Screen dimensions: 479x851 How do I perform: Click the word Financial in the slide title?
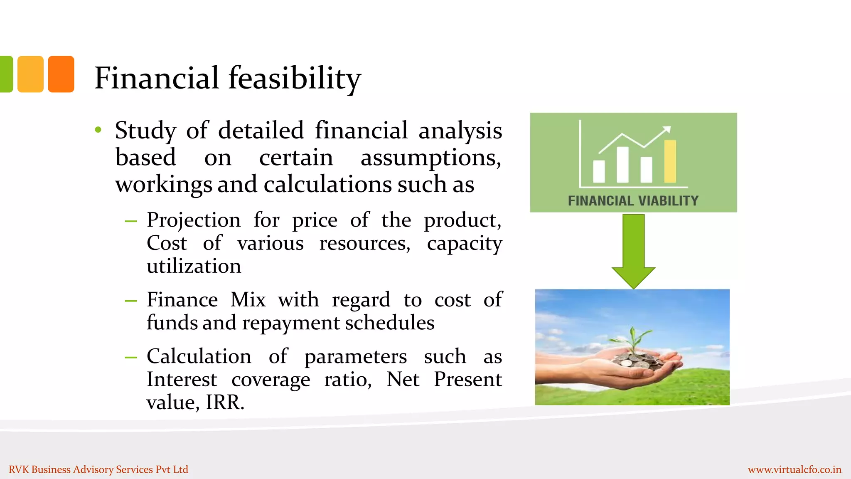[156, 78]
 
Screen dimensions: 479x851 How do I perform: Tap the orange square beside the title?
[61, 74]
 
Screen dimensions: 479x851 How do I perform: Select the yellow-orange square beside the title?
[30, 74]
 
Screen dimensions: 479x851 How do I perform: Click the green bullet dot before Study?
[98, 130]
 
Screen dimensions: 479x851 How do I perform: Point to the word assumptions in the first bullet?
[430, 158]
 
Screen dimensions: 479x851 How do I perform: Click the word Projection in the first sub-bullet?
[194, 220]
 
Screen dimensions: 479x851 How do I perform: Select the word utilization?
[194, 266]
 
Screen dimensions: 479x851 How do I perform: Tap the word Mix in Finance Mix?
[248, 300]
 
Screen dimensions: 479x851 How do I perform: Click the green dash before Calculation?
[131, 357]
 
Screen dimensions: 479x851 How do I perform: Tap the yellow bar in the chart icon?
[670, 161]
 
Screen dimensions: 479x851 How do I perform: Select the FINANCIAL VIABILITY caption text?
[633, 201]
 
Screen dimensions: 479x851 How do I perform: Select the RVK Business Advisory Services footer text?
[98, 469]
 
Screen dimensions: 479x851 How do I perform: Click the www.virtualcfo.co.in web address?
[794, 469]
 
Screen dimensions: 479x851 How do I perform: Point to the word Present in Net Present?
[467, 380]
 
